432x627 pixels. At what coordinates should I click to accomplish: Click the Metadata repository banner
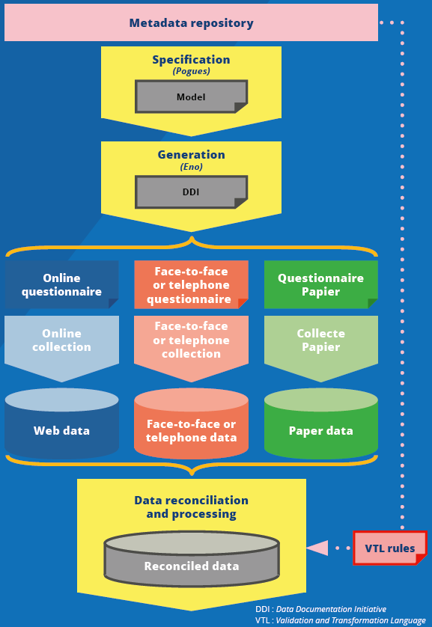(191, 22)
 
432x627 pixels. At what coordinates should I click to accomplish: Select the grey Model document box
(191, 97)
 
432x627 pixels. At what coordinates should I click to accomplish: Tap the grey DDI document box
(191, 192)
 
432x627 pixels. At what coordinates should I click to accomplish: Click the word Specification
(191, 60)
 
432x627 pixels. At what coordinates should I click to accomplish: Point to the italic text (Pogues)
(191, 71)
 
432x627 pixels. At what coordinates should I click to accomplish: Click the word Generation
(191, 154)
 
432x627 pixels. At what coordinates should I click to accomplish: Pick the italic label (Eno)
(191, 166)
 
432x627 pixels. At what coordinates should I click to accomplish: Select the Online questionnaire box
(61, 284)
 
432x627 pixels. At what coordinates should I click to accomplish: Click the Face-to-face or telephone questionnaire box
(191, 284)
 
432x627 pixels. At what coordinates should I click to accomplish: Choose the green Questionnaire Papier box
(320, 284)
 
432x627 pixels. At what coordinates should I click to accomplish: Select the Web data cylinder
(61, 423)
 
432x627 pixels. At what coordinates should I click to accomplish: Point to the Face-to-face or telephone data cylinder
(191, 423)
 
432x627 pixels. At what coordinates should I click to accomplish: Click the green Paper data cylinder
(320, 423)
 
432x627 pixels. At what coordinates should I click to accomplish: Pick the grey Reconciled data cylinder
(192, 558)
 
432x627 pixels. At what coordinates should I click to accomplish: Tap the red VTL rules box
(390, 548)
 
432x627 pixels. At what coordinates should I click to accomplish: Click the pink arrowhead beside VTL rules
(318, 548)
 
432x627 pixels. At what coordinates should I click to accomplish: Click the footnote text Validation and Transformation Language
(351, 620)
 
